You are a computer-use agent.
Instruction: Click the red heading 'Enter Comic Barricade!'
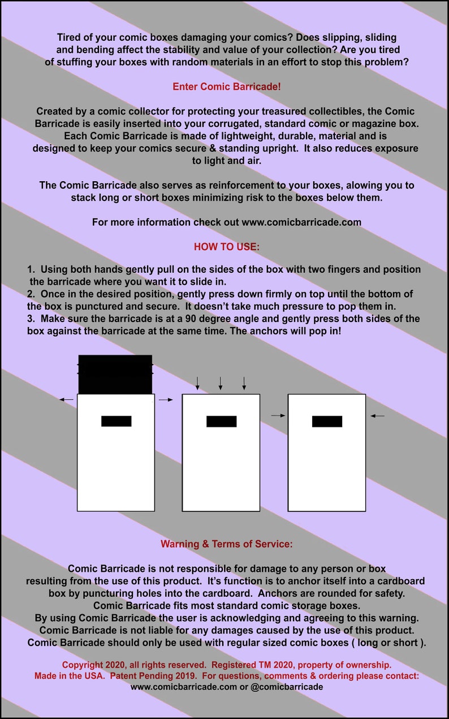[x=226, y=87]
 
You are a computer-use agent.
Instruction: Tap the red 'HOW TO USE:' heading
[x=226, y=246]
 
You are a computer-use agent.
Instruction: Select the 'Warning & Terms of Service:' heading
[x=226, y=543]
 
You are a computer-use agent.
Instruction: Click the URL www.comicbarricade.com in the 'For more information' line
[x=301, y=222]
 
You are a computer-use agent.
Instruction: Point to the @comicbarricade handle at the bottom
[x=286, y=687]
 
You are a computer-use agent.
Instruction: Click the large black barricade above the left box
[x=115, y=374]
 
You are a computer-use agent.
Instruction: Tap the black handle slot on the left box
[x=116, y=421]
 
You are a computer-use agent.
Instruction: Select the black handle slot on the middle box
[x=221, y=421]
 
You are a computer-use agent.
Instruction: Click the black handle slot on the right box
[x=327, y=421]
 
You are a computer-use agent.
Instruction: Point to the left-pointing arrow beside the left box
[x=66, y=399]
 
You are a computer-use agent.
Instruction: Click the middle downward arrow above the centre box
[x=221, y=383]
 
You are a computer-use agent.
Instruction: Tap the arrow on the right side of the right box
[x=378, y=416]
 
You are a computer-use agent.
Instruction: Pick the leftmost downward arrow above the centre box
[x=197, y=383]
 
